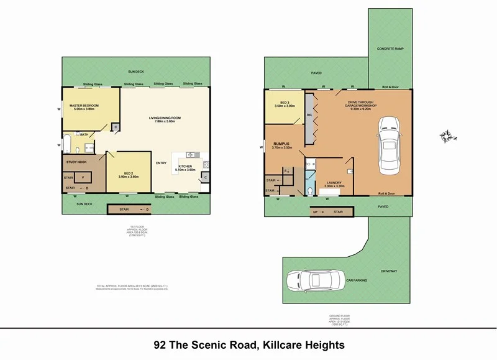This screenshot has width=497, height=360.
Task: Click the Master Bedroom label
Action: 81,107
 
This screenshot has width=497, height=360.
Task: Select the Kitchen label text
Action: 186,167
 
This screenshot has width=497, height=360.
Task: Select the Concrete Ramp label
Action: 391,48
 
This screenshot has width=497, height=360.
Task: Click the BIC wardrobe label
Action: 309,115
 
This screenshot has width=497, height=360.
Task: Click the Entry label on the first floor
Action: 161,164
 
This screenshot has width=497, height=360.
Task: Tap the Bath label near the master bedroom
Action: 83,134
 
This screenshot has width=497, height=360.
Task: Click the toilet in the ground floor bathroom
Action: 310,189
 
